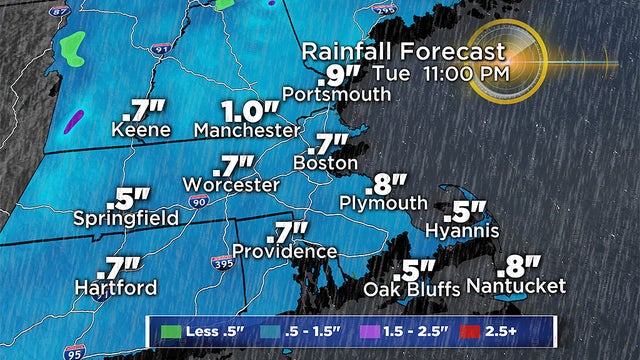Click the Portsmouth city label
(336, 94)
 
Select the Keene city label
(142, 130)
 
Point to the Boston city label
(325, 162)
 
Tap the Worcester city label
(230, 185)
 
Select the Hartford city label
(116, 288)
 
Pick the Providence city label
(284, 251)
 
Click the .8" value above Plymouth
(386, 183)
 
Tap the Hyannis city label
(461, 231)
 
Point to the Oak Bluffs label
(411, 290)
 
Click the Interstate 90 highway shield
(196, 203)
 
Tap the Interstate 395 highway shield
(224, 262)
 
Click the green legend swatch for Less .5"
(167, 332)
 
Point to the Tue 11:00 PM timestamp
(441, 73)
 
